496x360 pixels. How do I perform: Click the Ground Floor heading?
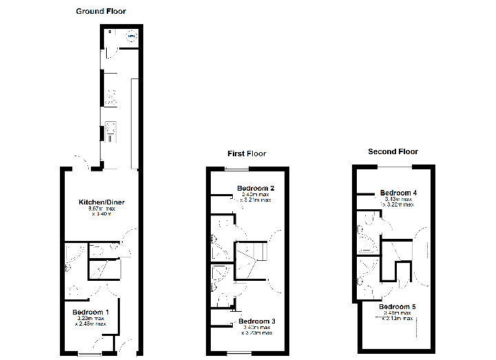pos(101,11)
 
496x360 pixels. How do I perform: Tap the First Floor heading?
pos(247,153)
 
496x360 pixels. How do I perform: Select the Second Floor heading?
pos(393,151)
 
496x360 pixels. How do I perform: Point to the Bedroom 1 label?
pos(91,312)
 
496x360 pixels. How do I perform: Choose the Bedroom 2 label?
pos(256,188)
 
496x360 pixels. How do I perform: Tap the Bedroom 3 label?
pos(257,321)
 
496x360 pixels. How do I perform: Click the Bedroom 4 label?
pos(397,193)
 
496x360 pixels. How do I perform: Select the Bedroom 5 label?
pos(397,306)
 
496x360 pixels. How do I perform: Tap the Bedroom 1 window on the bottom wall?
pos(88,354)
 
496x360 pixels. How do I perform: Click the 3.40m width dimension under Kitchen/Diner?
pos(101,214)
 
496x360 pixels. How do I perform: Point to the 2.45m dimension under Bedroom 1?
pos(91,324)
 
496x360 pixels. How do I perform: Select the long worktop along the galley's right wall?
pos(135,124)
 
